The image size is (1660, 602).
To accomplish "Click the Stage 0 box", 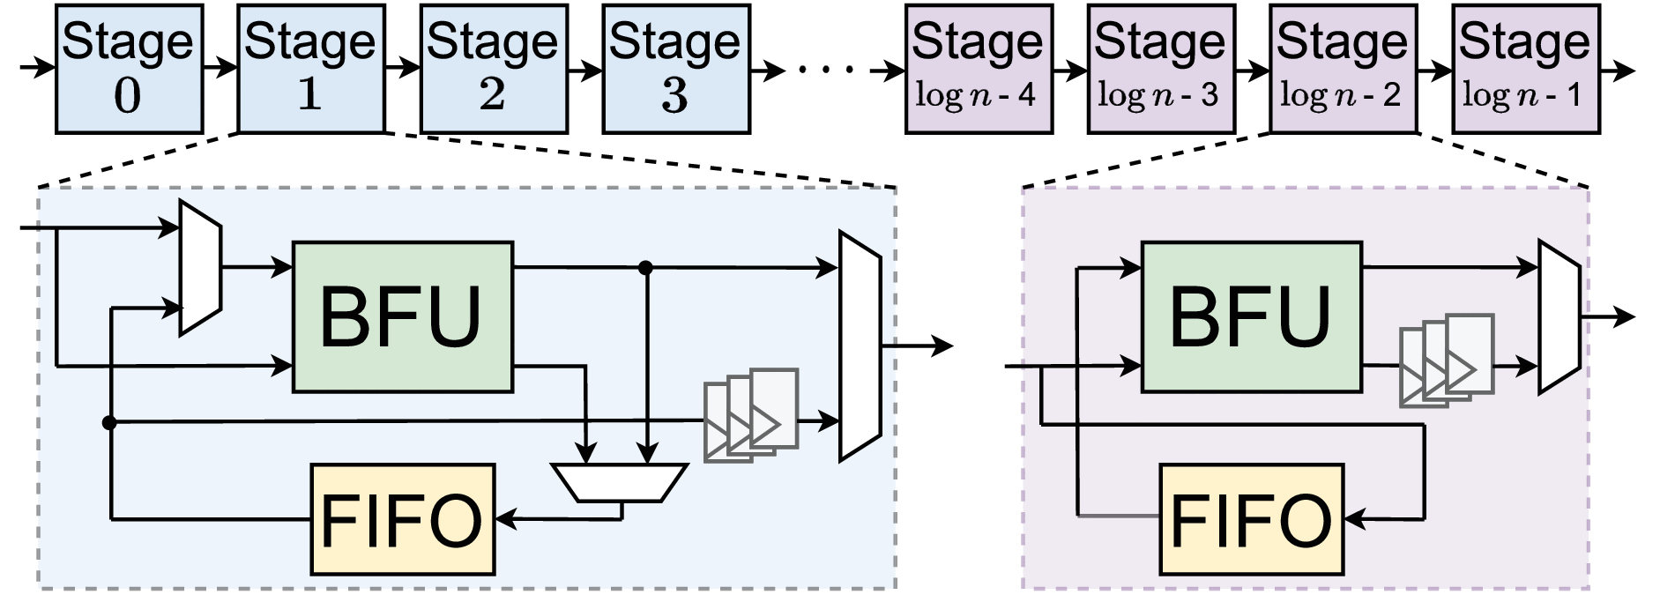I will click(x=129, y=69).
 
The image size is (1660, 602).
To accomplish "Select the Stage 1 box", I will click(x=310, y=69).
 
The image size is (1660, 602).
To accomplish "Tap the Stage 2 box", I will click(x=493, y=69).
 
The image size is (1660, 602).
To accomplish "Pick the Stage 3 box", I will click(x=675, y=69).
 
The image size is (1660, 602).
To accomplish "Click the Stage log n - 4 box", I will click(x=979, y=69).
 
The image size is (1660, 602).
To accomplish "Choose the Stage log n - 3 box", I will click(x=1160, y=69).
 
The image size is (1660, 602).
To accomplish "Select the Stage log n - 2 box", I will click(x=1342, y=69).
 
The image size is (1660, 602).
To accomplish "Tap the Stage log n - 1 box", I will click(x=1525, y=69).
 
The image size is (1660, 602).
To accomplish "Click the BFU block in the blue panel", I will click(x=402, y=317).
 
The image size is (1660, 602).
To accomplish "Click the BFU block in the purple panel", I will click(x=1251, y=317).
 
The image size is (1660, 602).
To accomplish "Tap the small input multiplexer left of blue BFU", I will click(x=200, y=268).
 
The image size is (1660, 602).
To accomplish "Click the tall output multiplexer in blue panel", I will click(x=860, y=346).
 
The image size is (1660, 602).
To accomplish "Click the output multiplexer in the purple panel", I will click(x=1559, y=316).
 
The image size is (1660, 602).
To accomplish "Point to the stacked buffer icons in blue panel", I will click(x=751, y=414).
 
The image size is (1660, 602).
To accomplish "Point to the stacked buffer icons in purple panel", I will click(x=1447, y=360).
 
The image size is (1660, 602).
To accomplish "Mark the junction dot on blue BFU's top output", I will click(x=645, y=267).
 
